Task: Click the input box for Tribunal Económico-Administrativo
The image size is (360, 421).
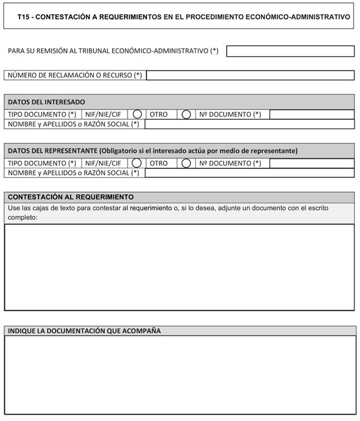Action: click(x=290, y=51)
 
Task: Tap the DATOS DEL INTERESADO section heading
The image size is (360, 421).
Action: click(x=46, y=102)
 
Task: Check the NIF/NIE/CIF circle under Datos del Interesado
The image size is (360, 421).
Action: click(x=137, y=114)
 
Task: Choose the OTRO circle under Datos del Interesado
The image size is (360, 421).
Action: click(x=186, y=114)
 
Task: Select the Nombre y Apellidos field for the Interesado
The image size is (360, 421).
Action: click(x=249, y=124)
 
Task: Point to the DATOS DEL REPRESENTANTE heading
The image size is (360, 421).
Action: click(x=152, y=151)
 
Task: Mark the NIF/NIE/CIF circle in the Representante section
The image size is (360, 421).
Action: click(x=137, y=163)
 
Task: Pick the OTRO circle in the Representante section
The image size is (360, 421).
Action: click(x=186, y=163)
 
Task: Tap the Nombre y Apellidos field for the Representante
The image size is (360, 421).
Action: click(x=249, y=173)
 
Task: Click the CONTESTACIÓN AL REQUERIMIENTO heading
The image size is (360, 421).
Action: click(x=71, y=197)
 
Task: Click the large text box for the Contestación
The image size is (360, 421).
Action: click(x=179, y=267)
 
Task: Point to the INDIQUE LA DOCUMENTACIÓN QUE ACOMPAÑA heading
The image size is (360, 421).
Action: click(x=84, y=331)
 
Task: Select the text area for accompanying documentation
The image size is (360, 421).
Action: click(x=179, y=375)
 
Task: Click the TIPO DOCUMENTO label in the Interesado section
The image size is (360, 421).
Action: click(x=42, y=114)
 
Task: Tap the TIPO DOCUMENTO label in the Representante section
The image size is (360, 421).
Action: click(x=42, y=163)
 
